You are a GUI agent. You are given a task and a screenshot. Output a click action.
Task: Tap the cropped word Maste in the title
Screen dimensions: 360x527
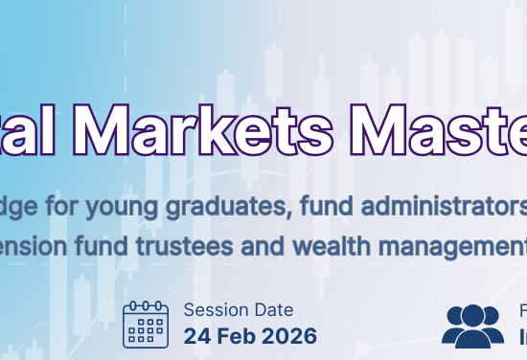click(444, 125)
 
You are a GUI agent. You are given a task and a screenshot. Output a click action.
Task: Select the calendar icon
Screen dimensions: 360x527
click(146, 324)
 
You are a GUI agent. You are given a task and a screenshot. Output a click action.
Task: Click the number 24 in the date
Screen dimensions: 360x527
click(195, 336)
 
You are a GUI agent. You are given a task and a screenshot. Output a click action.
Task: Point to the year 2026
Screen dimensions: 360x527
click(287, 336)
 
